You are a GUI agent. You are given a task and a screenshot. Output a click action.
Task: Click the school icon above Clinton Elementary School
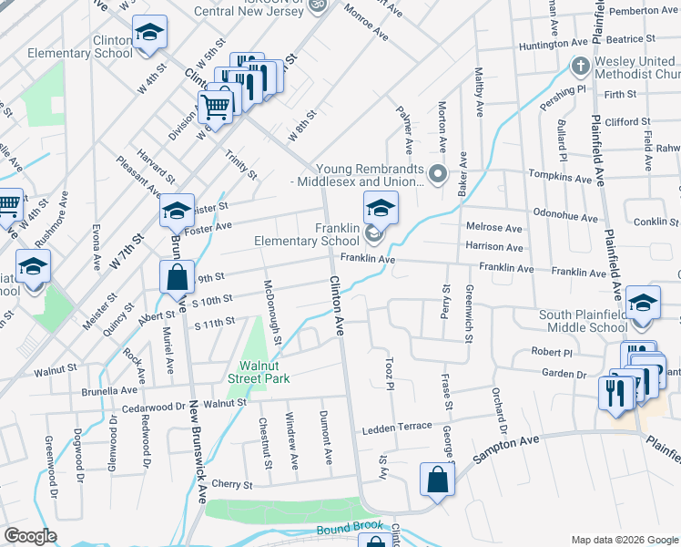click(x=149, y=35)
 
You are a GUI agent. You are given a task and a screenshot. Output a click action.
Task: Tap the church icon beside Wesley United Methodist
click(x=579, y=67)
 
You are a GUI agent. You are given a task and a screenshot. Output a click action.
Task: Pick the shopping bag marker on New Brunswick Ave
click(x=177, y=277)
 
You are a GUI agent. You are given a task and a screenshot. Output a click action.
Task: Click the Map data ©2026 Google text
click(x=625, y=540)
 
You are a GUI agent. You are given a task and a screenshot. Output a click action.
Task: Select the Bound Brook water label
click(x=349, y=530)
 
